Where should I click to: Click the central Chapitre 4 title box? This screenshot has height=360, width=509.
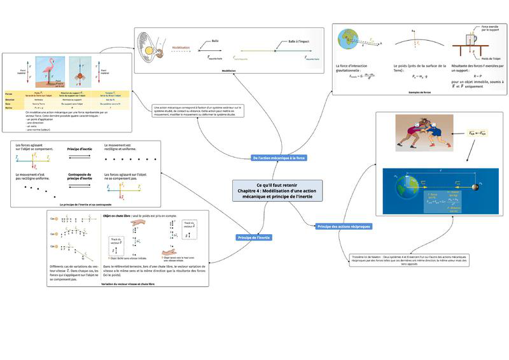click(x=277, y=191)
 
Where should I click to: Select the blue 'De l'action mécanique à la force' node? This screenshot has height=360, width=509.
click(x=279, y=158)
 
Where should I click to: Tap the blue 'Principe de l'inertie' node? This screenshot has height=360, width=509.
click(x=254, y=237)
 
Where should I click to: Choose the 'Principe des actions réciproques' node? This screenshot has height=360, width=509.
click(x=344, y=226)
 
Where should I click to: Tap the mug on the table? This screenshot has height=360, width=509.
click(x=470, y=41)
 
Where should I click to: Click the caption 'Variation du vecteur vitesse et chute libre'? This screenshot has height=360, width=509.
click(x=127, y=283)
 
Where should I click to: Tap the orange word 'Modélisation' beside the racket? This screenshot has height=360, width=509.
click(x=181, y=47)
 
